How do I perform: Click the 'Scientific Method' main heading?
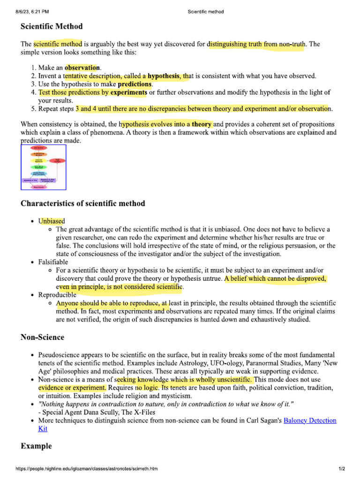[x=52, y=27]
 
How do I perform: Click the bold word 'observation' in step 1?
[x=82, y=67]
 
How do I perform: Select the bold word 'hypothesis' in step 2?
[x=164, y=76]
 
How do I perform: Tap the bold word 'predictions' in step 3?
[x=135, y=84]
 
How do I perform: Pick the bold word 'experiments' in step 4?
[x=128, y=92]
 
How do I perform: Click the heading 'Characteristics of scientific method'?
[x=83, y=203]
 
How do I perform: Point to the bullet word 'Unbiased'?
[x=52, y=221]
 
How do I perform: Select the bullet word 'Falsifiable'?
[x=53, y=262]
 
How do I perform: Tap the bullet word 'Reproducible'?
[x=57, y=295]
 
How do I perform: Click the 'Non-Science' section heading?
[x=43, y=337]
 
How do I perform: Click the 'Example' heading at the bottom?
[x=36, y=446]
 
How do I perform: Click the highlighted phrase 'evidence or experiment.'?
[x=72, y=388]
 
